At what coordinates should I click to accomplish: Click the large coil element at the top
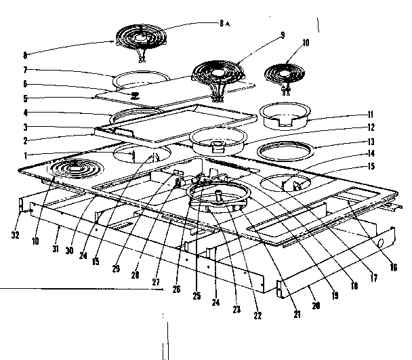[144, 36]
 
